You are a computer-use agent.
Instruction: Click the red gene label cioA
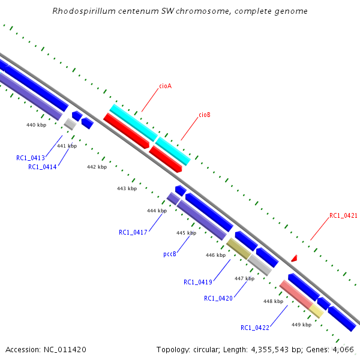[165, 86]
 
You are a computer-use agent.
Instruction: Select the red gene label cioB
[204, 115]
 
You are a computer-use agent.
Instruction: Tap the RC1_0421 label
[343, 215]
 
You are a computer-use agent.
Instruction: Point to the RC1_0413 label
[31, 158]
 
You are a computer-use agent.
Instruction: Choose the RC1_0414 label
[42, 167]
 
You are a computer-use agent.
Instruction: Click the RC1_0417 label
[133, 232]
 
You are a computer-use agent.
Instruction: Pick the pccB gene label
[170, 254]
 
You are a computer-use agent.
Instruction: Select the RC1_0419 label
[198, 282]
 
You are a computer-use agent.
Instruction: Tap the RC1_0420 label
[218, 298]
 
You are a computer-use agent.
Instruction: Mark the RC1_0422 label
[255, 328]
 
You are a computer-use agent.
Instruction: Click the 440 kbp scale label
[36, 125]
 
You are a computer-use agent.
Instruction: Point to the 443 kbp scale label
[127, 188]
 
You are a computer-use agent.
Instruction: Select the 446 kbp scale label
[215, 255]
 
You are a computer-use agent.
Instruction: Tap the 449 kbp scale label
[301, 325]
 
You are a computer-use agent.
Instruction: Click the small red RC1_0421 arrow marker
[294, 258]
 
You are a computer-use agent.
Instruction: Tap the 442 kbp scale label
[97, 167]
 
